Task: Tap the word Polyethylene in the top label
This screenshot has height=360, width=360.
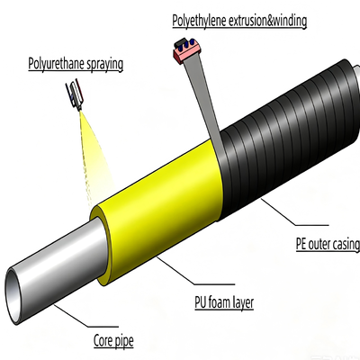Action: point(199,21)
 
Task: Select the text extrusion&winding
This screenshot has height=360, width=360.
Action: point(267,21)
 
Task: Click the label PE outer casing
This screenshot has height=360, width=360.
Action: point(328,244)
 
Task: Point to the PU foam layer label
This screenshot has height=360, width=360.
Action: point(224,302)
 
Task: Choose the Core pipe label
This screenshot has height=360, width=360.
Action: point(113,341)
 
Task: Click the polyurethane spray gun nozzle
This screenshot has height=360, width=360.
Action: point(76,95)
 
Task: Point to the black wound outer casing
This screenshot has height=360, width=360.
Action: point(288,135)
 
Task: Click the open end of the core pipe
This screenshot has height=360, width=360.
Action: point(13,297)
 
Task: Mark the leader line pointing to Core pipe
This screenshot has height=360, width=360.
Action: point(86,315)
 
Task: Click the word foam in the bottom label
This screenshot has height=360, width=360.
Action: point(220,302)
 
